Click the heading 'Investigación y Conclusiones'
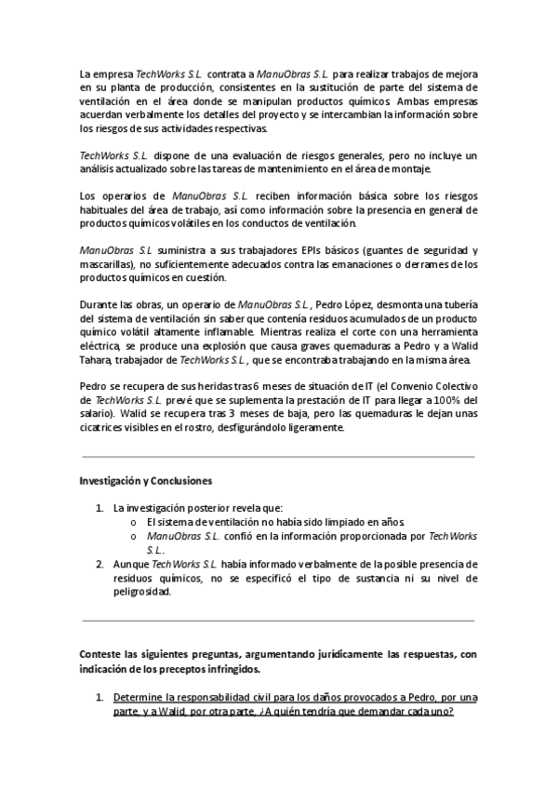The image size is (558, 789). (146, 482)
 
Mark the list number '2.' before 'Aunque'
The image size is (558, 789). (100, 564)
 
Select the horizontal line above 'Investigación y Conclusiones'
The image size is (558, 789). (278, 457)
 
